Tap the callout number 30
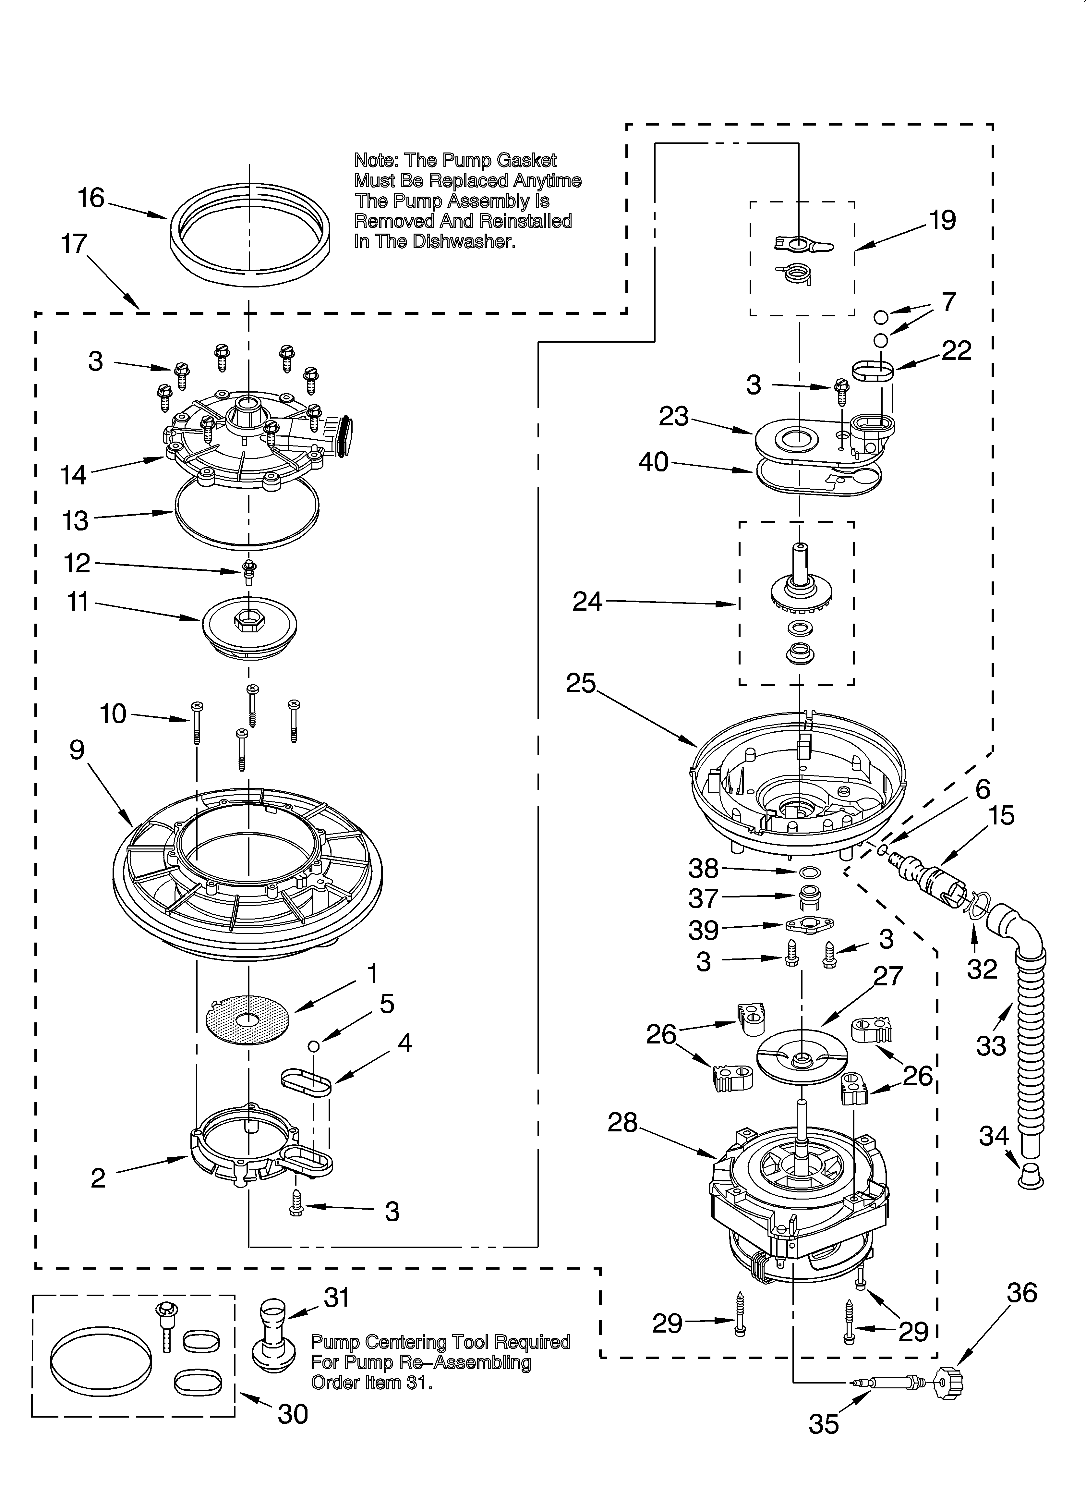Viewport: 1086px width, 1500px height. click(293, 1414)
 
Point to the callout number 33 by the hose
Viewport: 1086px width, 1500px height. click(991, 1046)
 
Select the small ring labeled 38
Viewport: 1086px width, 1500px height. click(811, 872)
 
